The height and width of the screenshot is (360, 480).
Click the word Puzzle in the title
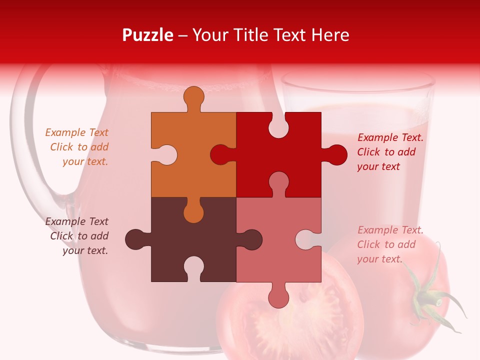pyautogui.click(x=148, y=35)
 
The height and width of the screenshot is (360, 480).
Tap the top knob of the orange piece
pyautogui.click(x=193, y=97)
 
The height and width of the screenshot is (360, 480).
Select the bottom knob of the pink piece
pyautogui.click(x=278, y=297)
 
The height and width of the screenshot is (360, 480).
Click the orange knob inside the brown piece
pyautogui.click(x=193, y=212)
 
